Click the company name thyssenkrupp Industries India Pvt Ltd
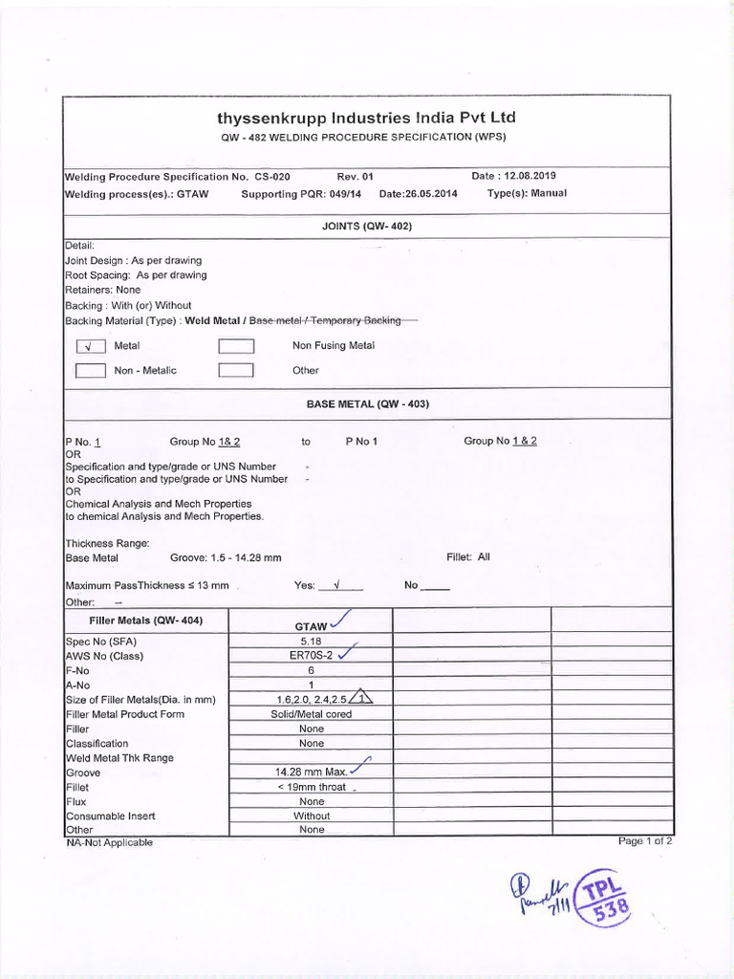pyautogui.click(x=366, y=118)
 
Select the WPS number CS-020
pyautogui.click(x=271, y=177)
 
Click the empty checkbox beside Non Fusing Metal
pyautogui.click(x=235, y=346)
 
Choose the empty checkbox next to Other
pyautogui.click(x=235, y=371)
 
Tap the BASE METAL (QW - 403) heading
pyautogui.click(x=367, y=404)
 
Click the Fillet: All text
pyautogui.click(x=467, y=556)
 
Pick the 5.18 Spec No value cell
pyautogui.click(x=311, y=642)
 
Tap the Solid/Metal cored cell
pyautogui.click(x=311, y=714)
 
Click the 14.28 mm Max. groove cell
pyautogui.click(x=311, y=772)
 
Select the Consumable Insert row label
pyautogui.click(x=110, y=816)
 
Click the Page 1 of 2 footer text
pyautogui.click(x=645, y=840)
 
